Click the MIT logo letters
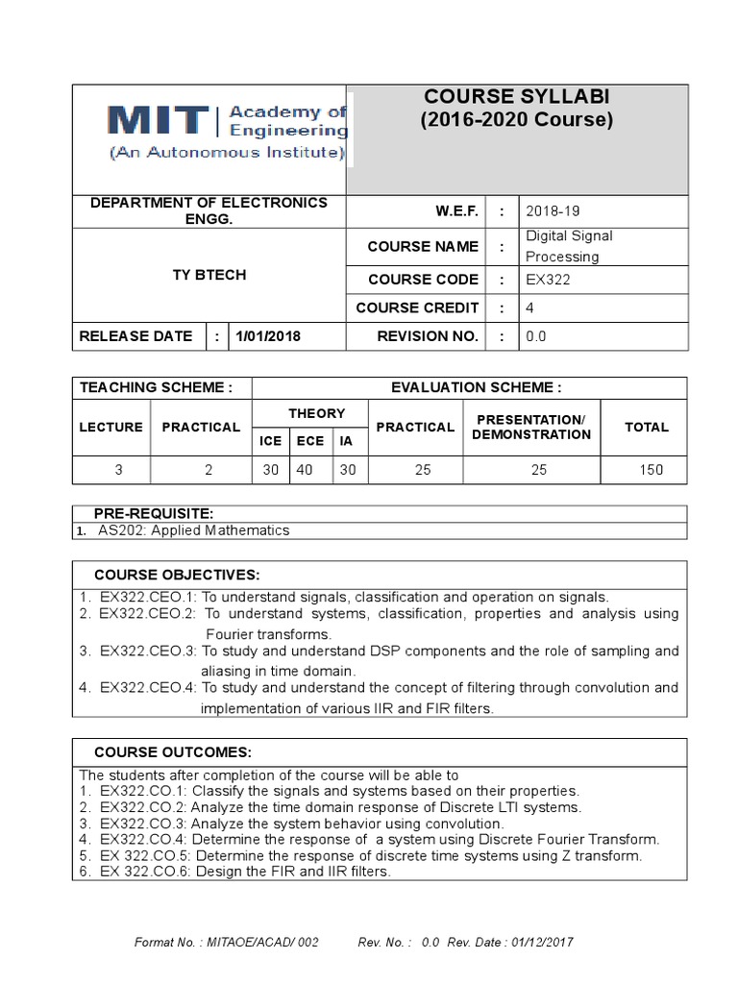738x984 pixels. [158, 121]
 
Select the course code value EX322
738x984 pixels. [547, 280]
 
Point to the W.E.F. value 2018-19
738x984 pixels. [551, 210]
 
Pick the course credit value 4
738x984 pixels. [529, 308]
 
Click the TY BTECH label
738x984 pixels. [209, 275]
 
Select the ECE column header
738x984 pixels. [311, 441]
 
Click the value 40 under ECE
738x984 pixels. [311, 471]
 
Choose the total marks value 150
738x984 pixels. [650, 471]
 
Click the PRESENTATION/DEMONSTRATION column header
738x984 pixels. [530, 428]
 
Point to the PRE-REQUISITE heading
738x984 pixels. [153, 514]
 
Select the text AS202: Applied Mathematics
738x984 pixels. [193, 530]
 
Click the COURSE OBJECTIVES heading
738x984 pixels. [176, 575]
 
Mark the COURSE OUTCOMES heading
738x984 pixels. [172, 751]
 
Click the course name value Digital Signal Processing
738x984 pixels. [569, 246]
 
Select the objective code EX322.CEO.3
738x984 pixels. [147, 651]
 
